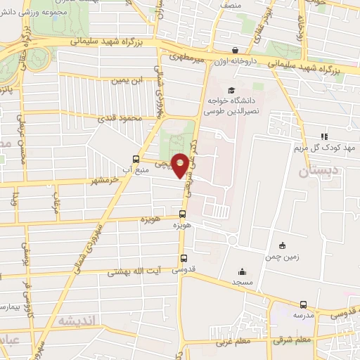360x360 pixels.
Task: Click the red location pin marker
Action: coord(181,165)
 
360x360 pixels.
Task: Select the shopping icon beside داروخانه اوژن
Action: coord(235,51)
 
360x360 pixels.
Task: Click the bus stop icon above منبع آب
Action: coord(136,159)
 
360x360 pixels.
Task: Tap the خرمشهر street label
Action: coord(103,181)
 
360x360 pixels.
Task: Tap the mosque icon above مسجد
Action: coord(243,272)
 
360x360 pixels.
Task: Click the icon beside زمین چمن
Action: coord(283,246)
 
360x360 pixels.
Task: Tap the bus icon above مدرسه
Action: coord(303,305)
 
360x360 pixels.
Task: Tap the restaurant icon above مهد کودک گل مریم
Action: coord(323,136)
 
